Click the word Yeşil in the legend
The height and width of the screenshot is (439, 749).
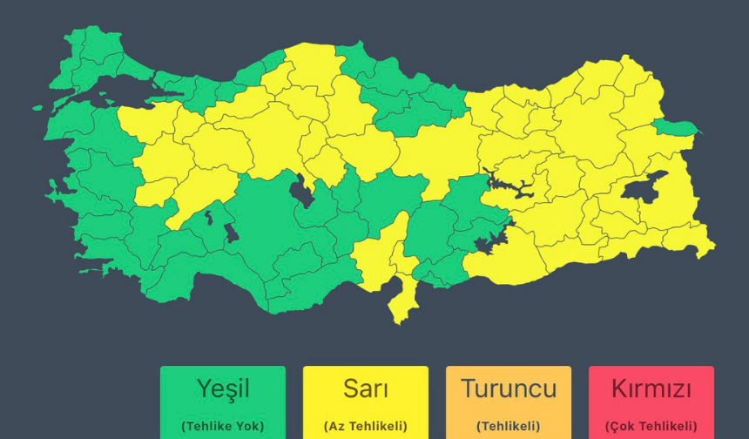click(222, 388)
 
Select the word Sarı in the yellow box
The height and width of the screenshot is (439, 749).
click(365, 388)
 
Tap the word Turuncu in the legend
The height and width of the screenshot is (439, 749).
click(508, 388)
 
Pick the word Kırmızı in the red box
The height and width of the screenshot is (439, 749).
click(651, 388)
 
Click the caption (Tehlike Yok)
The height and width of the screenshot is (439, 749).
click(222, 426)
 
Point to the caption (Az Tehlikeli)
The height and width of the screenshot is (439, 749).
click(365, 426)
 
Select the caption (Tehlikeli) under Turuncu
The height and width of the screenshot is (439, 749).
click(508, 426)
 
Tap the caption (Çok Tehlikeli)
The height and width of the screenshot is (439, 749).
click(651, 426)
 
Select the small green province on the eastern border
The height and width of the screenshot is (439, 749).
click(675, 128)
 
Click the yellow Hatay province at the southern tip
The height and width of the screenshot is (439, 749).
click(402, 301)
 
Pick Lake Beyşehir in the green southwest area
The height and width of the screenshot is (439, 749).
click(231, 233)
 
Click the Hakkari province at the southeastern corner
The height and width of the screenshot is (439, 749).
click(697, 242)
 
